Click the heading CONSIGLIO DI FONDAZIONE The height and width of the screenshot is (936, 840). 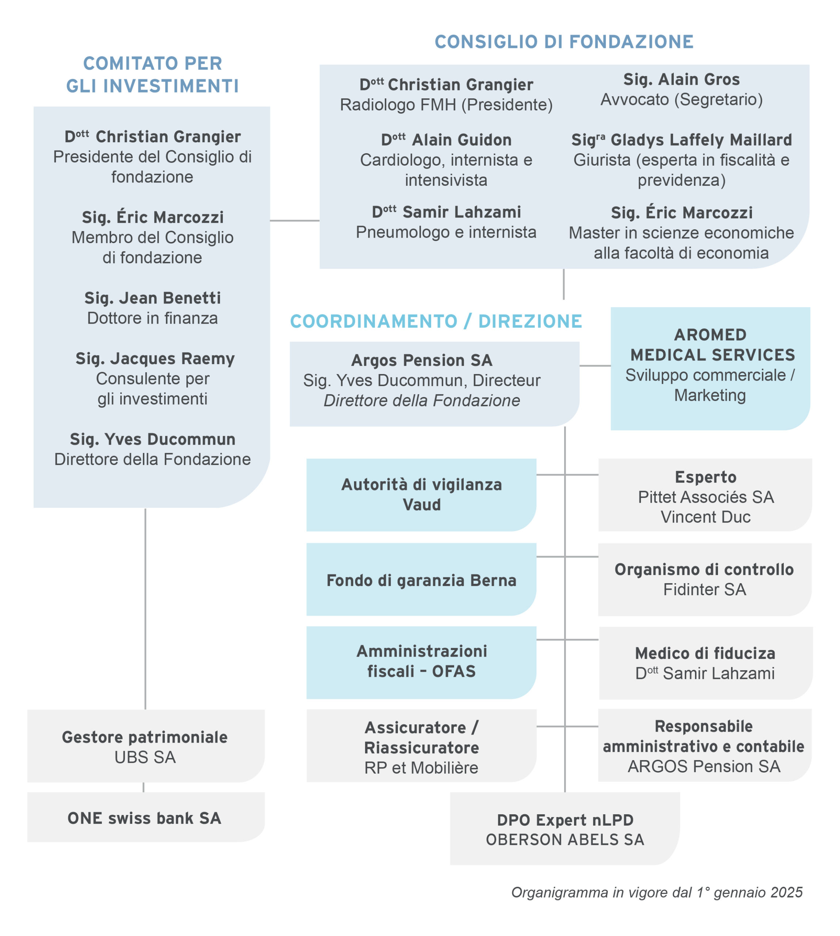pos(564,42)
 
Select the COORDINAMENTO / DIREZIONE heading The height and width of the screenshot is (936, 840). pos(436,321)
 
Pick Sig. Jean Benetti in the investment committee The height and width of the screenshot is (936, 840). pos(152,298)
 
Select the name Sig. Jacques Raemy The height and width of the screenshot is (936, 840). pos(155,359)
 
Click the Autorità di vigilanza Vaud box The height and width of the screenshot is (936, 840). pos(421,495)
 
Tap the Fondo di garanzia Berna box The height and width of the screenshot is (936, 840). pos(421,579)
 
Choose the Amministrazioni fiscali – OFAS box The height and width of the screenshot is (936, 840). pos(421,663)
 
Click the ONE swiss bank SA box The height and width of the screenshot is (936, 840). pos(146,817)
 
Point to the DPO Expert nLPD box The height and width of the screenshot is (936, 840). pos(565,829)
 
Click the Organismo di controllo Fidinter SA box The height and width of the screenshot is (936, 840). pos(705,580)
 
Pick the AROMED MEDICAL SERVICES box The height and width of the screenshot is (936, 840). pos(710,369)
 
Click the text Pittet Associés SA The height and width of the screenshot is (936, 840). pos(706,497)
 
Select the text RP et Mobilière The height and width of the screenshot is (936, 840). pos(421,768)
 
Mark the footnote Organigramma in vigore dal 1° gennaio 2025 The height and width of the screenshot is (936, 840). pos(657,892)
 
